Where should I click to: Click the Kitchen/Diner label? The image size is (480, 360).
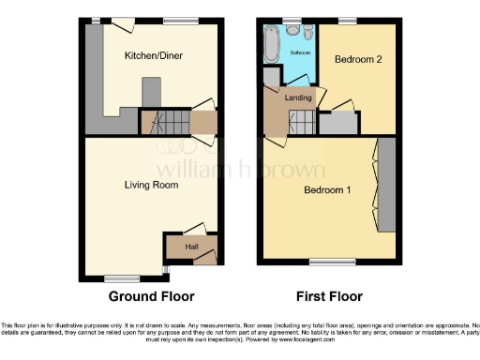click(154, 56)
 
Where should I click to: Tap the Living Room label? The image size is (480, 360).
click(151, 186)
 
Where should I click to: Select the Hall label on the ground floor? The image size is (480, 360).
click(191, 247)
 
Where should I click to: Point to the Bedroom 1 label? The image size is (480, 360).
click(327, 191)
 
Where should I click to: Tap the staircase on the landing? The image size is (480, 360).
click(302, 120)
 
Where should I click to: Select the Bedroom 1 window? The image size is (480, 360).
click(326, 262)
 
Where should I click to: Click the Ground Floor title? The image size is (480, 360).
click(151, 297)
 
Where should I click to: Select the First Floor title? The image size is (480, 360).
click(329, 297)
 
